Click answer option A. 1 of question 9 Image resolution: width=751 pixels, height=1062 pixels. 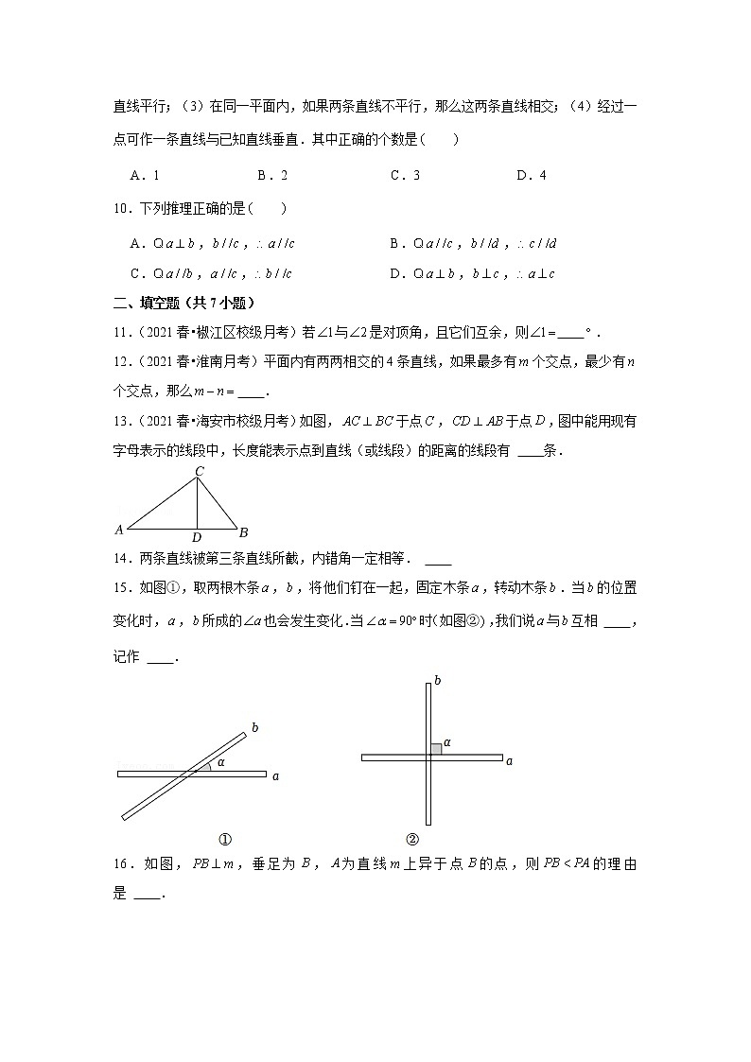pos(145,175)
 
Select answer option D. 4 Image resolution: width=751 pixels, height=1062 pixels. pos(531,175)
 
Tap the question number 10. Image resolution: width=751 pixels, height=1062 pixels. pos(118,209)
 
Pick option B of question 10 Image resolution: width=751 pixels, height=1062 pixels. pos(473,243)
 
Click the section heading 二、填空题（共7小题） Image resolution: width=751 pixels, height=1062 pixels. pos(184,303)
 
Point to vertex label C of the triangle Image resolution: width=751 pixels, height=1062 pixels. pos(199,470)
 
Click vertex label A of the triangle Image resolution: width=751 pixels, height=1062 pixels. pos(119,530)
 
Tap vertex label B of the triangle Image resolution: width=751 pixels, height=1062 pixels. pos(243,531)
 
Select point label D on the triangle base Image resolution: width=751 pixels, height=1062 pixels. pos(196,538)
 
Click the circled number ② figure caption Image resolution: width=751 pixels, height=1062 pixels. pos(412,839)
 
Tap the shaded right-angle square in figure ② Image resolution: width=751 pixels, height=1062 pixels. pos(436,750)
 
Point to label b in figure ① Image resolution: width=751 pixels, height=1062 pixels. pos(253,727)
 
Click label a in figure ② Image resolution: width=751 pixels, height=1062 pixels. pos(509,760)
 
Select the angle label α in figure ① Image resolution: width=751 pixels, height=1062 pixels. pos(220,761)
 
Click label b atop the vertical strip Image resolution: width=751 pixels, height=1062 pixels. pos(436,679)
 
